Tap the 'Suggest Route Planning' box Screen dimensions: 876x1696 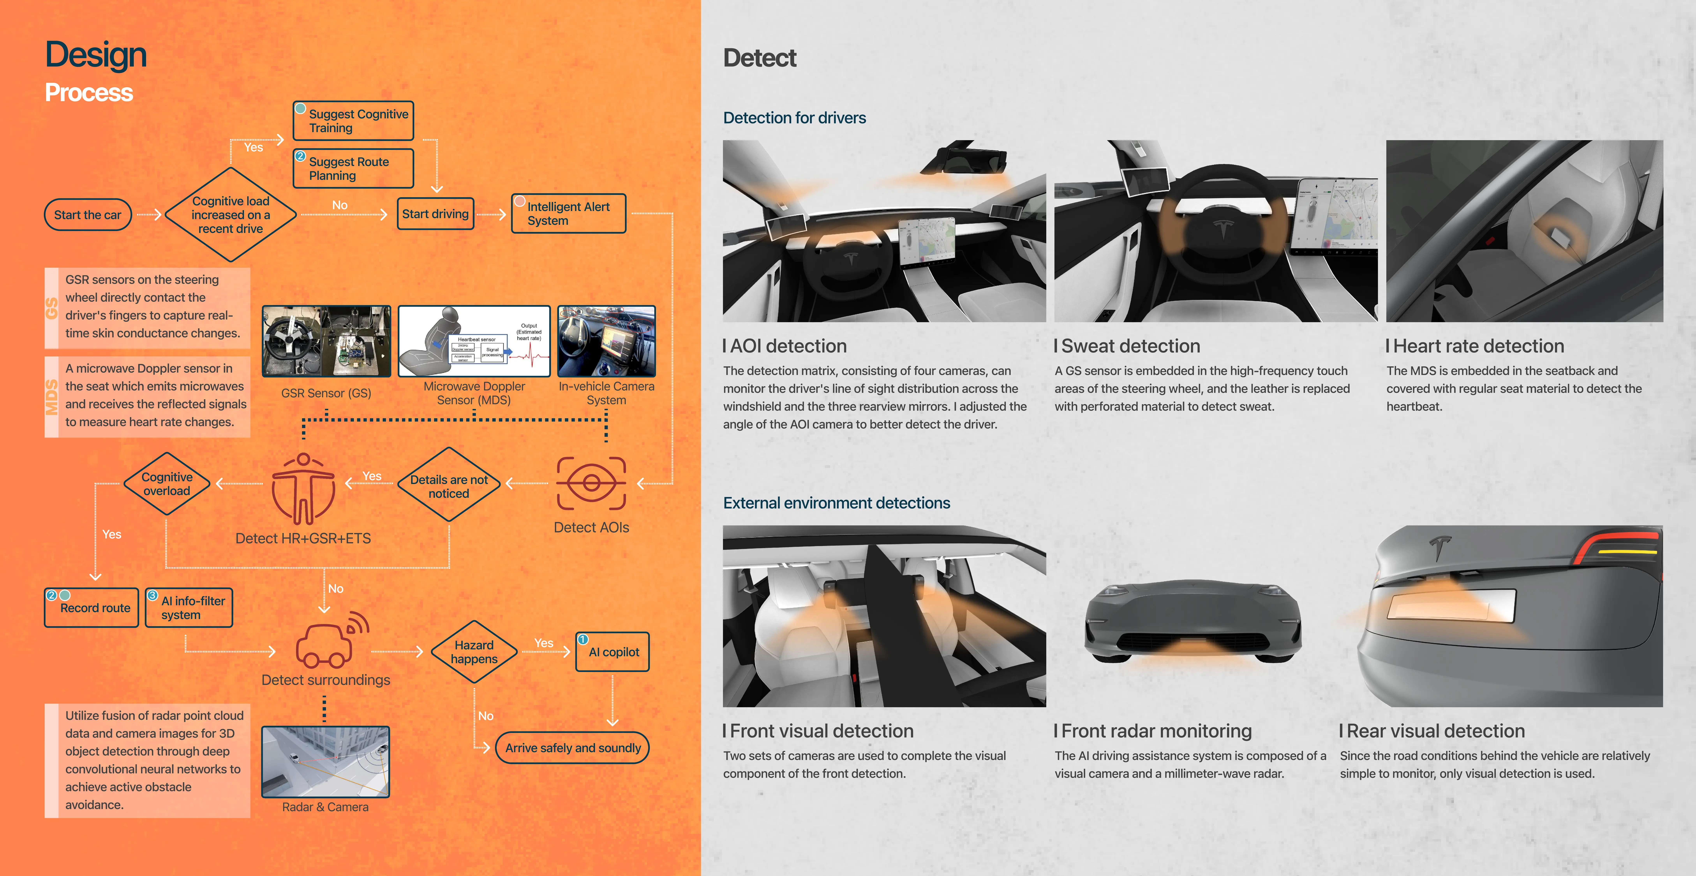coord(353,169)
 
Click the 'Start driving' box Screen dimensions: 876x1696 coord(435,214)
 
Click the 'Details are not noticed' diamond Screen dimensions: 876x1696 coord(449,486)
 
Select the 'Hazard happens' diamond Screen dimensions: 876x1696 coord(474,652)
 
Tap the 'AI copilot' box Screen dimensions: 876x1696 coord(613,652)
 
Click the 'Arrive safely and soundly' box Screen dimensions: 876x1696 coord(572,748)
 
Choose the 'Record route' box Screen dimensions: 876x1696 coord(92,608)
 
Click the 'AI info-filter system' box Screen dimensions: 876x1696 coord(189,608)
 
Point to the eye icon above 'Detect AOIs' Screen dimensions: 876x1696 coord(591,484)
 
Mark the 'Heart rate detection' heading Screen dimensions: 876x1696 coord(1478,346)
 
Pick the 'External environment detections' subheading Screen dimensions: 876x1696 coord(836,503)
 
